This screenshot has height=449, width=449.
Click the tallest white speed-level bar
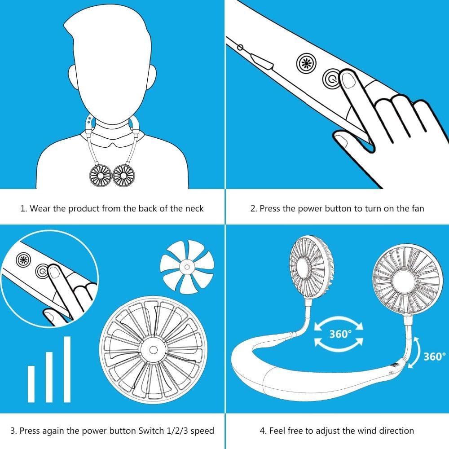tap(67, 369)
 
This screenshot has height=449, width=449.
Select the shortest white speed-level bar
tap(31, 384)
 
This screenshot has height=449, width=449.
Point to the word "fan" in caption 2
tap(417, 208)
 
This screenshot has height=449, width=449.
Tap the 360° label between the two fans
tap(339, 334)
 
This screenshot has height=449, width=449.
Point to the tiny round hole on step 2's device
tap(241, 47)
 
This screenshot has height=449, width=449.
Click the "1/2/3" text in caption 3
tap(176, 431)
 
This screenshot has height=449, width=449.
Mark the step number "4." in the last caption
tap(263, 431)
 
